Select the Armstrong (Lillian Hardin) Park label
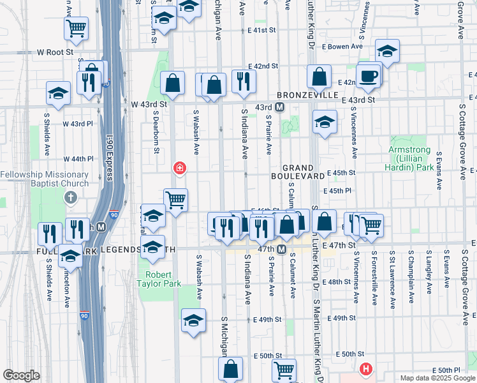pyautogui.click(x=409, y=159)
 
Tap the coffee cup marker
pyautogui.click(x=369, y=77)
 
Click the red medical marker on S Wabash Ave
pyautogui.click(x=180, y=169)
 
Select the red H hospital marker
pyautogui.click(x=365, y=368)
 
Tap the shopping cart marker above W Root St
pyautogui.click(x=76, y=27)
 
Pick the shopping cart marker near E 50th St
pyautogui.click(x=284, y=369)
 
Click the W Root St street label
pyautogui.click(x=55, y=52)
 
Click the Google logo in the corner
pyautogui.click(x=21, y=375)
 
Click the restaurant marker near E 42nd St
pyautogui.click(x=244, y=80)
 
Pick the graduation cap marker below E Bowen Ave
pyautogui.click(x=387, y=51)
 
